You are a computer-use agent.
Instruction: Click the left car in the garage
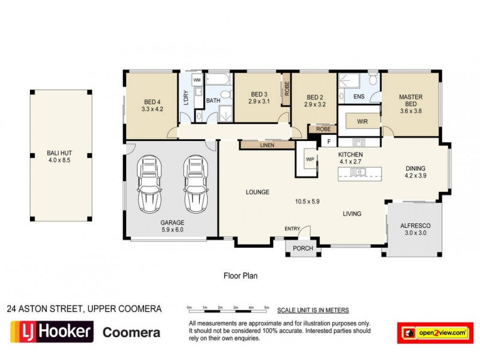pos(148,184)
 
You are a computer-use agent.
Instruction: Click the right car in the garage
pos(194,184)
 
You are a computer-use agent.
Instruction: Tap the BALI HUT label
pos(60,156)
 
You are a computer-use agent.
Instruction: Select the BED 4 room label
pos(152,105)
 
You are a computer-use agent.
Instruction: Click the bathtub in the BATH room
pos(218,79)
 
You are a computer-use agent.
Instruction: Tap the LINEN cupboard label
pos(267,145)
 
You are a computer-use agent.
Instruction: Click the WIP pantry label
pos(310,159)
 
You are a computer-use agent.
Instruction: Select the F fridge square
pos(328,142)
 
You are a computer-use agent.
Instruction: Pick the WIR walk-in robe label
pos(362,121)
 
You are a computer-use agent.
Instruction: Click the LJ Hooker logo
pos(51,331)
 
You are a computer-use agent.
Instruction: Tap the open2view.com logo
pos(433,332)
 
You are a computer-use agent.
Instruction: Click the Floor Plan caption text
pos(241,277)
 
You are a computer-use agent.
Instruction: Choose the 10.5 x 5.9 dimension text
pos(307,202)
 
